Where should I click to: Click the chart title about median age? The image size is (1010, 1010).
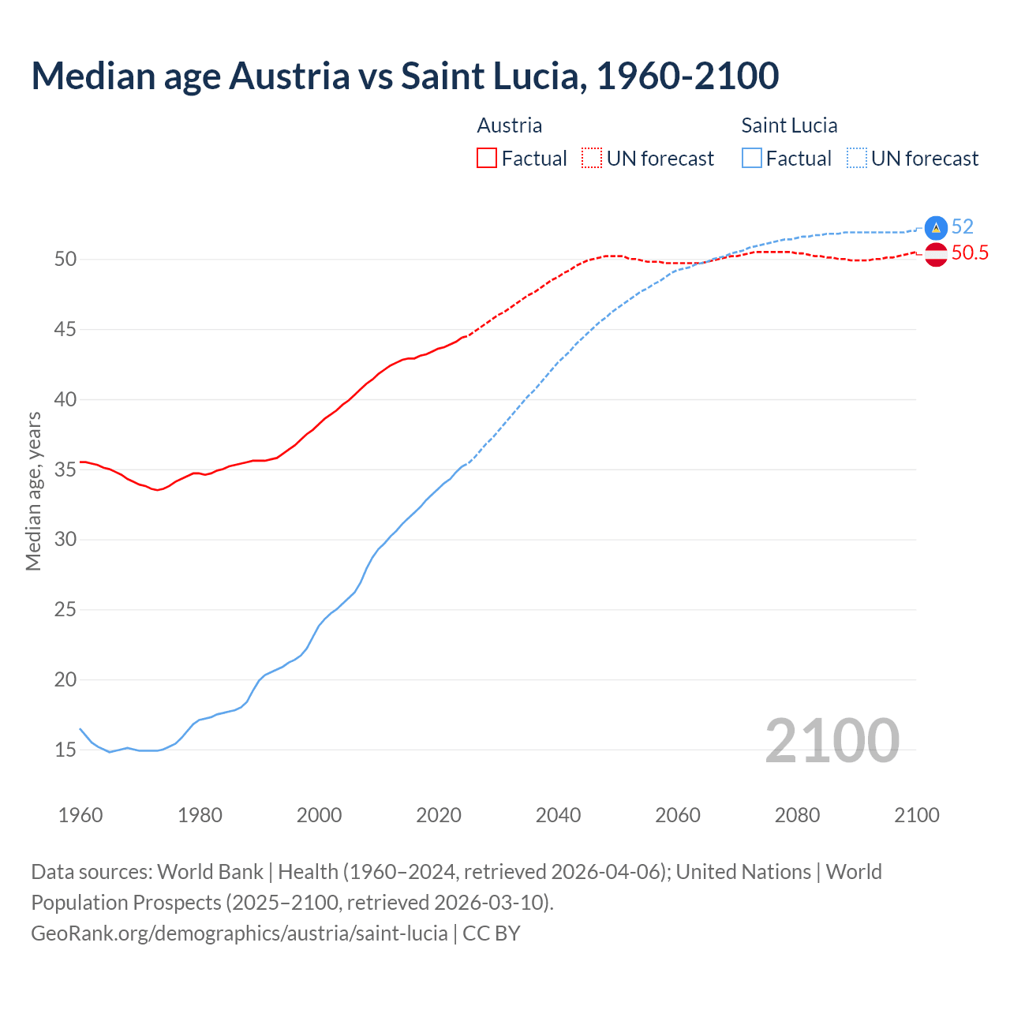coord(405,76)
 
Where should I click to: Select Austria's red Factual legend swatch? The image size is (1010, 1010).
coord(487,159)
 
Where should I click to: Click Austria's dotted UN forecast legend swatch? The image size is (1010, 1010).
coord(592,159)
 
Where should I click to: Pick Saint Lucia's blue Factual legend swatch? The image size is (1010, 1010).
coord(752,159)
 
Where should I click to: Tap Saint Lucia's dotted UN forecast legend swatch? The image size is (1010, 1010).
coord(857,159)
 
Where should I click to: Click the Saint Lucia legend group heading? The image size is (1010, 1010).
coord(789,125)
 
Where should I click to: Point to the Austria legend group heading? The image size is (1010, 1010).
coord(510,125)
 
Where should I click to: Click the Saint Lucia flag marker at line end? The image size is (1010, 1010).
coord(936,227)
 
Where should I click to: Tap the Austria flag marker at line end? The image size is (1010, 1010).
coord(936,254)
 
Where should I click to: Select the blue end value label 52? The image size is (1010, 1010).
coord(963,227)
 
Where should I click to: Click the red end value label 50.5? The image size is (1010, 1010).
coord(970,253)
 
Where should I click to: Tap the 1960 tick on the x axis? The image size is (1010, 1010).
coord(80,815)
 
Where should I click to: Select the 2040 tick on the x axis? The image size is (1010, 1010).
coord(559,815)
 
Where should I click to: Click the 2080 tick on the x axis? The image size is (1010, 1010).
coord(797,815)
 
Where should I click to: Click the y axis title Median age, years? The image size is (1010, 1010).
coord(33,491)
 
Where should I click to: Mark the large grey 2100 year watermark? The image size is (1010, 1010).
coord(832,740)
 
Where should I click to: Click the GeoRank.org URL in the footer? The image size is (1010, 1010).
coord(239,933)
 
